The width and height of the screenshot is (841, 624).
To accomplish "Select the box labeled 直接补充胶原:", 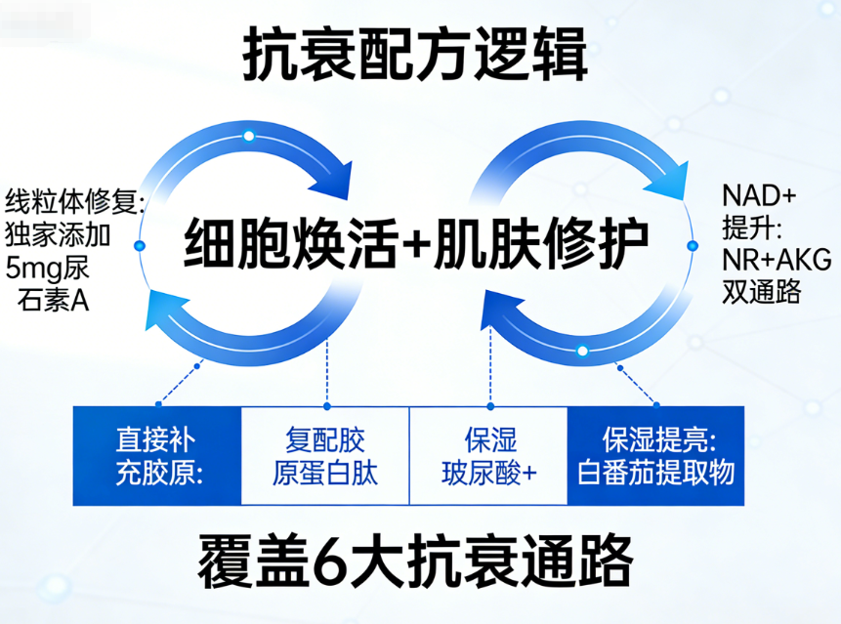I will (157, 455).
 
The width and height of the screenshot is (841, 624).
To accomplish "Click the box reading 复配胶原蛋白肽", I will (325, 455).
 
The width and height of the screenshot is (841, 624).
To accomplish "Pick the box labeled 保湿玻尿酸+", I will (488, 455).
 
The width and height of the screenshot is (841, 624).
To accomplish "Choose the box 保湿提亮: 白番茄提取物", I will (654, 455).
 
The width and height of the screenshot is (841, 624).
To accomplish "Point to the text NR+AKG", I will (777, 259).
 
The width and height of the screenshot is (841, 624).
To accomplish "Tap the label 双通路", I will (762, 291).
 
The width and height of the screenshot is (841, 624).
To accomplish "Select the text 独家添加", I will (59, 234).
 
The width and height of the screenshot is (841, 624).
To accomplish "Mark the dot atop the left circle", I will (249, 136).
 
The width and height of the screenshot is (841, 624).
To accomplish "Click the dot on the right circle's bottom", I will (582, 350).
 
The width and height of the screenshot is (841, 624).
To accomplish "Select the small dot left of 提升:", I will (693, 243).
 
